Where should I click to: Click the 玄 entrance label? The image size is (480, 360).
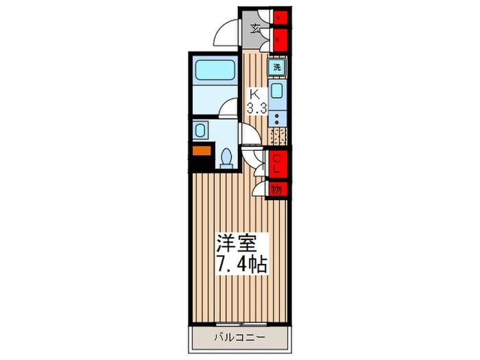point(255,29)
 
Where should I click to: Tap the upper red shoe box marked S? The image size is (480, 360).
point(279,18)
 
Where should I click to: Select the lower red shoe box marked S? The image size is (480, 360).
point(279,38)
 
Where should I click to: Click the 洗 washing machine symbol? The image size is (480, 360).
point(277,67)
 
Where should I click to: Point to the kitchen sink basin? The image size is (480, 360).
point(277,93)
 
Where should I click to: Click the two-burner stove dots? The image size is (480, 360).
point(277,119)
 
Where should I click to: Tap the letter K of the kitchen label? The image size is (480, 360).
point(254,94)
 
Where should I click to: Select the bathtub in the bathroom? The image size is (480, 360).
point(215,71)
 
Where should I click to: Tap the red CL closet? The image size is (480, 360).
point(278,165)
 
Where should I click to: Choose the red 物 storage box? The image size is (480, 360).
point(278,189)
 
